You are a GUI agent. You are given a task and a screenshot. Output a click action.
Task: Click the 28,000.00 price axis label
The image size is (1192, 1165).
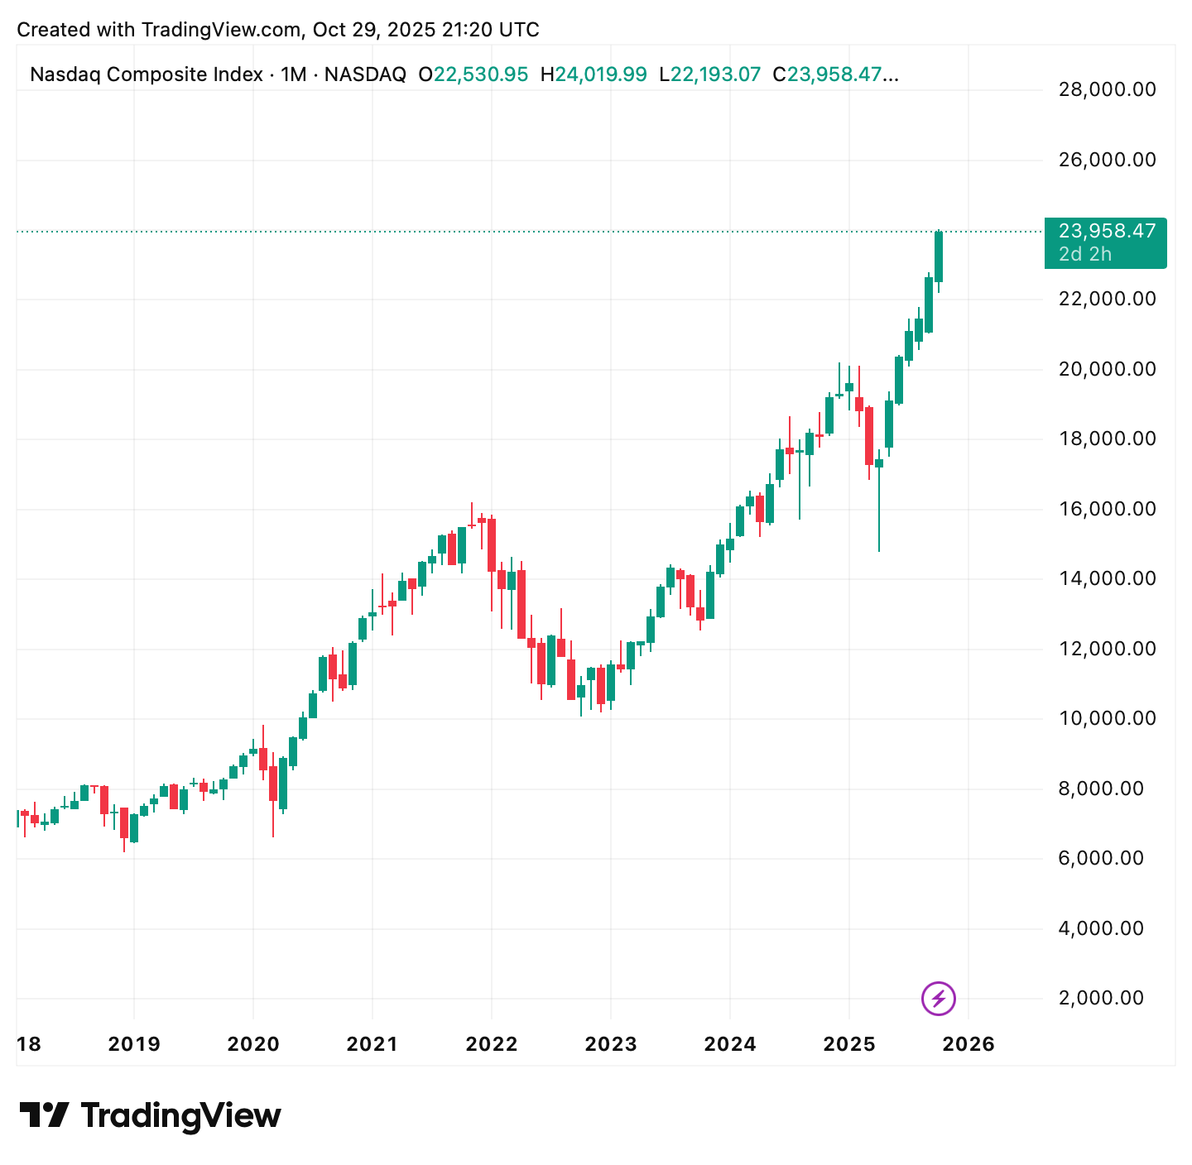pos(1107,89)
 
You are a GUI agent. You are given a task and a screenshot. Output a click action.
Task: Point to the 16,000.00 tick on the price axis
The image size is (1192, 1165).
pos(1107,509)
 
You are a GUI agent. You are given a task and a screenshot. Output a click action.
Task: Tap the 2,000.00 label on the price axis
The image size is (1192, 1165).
pos(1107,998)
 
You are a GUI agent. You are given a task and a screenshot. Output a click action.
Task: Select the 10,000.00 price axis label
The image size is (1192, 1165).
pos(1107,718)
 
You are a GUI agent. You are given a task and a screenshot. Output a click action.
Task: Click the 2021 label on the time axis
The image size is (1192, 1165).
pos(372,1044)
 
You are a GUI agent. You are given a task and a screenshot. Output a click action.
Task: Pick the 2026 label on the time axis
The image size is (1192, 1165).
pos(968,1044)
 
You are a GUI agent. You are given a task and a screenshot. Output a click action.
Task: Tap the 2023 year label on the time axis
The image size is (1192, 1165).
pos(611,1044)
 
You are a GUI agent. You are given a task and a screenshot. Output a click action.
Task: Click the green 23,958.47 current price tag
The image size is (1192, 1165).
pos(1106,232)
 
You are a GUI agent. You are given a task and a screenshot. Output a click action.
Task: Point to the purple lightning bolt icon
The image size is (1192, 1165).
pos(939,998)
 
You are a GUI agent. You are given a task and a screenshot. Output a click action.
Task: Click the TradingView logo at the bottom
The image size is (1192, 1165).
pos(151,1116)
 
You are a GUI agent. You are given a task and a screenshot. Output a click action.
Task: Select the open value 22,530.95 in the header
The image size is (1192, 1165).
pos(481,74)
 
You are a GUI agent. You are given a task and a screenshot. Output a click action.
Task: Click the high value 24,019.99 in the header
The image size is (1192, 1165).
pos(600,74)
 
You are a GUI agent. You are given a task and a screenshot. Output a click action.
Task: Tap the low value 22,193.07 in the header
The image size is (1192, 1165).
pos(715,74)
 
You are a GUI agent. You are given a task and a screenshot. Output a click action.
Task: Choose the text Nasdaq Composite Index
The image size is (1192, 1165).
pos(146,74)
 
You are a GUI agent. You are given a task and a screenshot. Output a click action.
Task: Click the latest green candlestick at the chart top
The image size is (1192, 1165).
pos(939,256)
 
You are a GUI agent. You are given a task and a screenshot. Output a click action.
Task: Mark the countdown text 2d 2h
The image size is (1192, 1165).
pos(1085,254)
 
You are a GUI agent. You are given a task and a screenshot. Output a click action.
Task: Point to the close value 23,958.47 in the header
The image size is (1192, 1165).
pos(841,74)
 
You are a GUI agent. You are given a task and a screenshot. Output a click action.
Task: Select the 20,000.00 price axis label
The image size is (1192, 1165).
pos(1107,369)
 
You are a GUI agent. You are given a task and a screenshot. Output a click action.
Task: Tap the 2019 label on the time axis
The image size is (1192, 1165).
pos(134,1044)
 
